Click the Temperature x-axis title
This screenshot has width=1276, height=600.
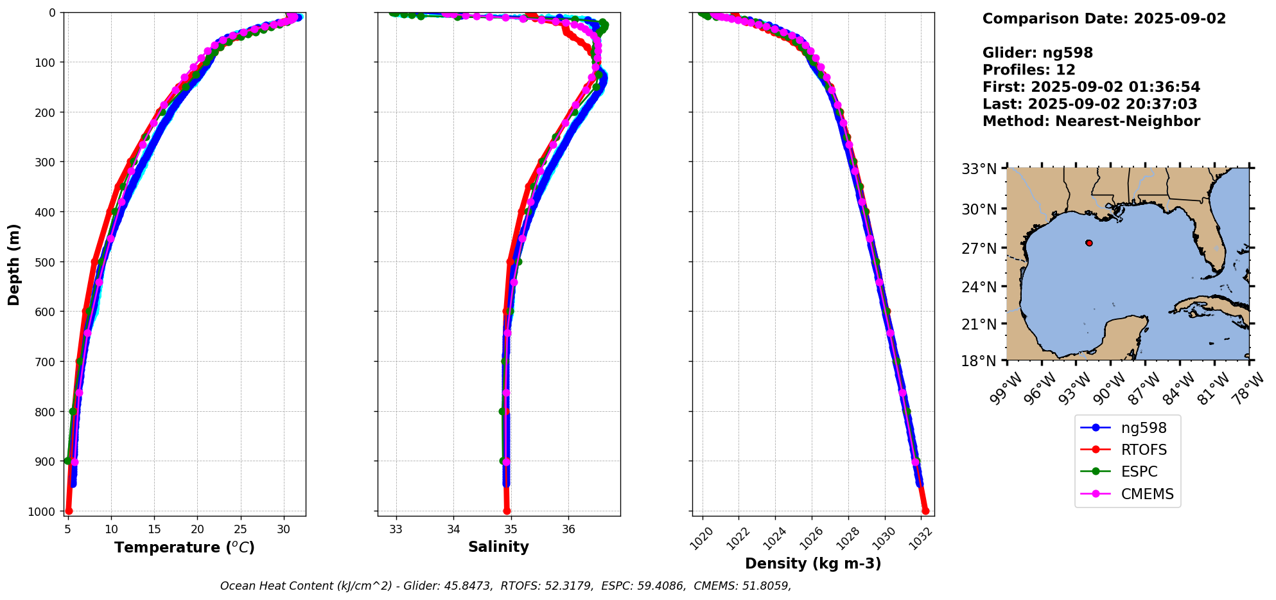point(184,547)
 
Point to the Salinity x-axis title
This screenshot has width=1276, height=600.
point(498,547)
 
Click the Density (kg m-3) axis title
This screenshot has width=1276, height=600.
point(813,563)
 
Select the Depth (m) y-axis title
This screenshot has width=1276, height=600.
point(14,264)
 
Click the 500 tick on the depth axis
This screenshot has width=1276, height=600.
point(49,262)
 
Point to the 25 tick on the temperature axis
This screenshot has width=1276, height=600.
point(240,529)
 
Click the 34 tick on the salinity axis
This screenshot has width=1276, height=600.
point(453,529)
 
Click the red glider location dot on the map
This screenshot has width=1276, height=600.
point(1088,243)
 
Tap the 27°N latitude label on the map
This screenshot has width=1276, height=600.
point(979,248)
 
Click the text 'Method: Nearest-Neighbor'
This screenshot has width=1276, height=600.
point(1091,121)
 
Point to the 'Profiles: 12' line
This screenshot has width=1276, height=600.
point(1029,70)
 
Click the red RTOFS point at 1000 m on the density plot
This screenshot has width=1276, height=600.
point(925,511)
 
